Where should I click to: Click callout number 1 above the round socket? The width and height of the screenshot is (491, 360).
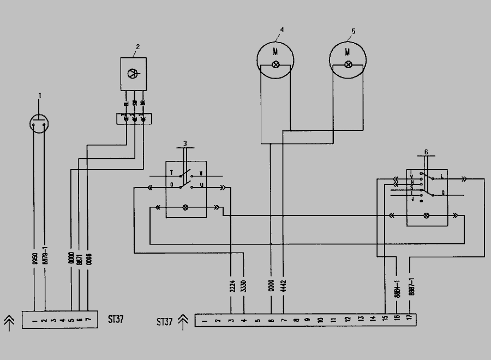[x=39, y=95]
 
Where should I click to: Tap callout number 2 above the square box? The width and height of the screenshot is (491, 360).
[x=137, y=47]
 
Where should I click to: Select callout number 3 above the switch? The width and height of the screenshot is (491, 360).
[x=185, y=142]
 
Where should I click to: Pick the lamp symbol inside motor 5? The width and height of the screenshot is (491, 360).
[x=348, y=64]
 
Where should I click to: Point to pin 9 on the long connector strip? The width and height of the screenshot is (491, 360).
[x=308, y=320]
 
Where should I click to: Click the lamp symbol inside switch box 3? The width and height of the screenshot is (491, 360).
[x=185, y=208]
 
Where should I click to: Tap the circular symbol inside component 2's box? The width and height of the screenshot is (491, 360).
[x=133, y=73]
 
